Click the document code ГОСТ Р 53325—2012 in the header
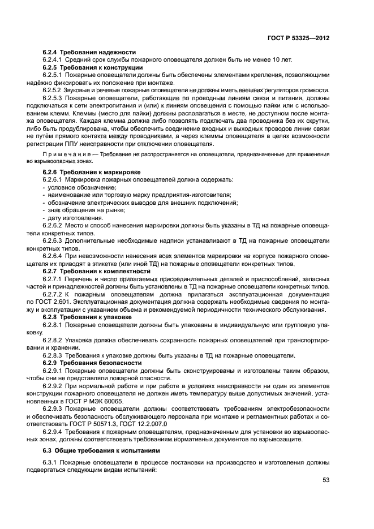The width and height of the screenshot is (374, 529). click(298, 37)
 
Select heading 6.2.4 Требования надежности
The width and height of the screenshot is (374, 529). click(89, 51)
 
